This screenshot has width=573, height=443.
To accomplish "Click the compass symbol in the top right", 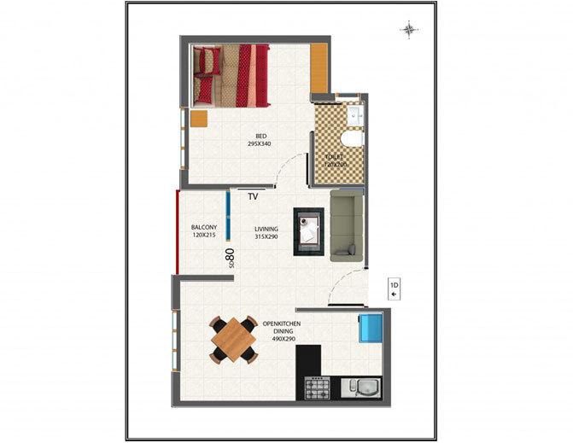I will point(409,31).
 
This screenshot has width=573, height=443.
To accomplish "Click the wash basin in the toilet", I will point(355,114).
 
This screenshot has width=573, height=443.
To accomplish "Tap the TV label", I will point(253,197).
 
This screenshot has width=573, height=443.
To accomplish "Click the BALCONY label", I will point(203,227).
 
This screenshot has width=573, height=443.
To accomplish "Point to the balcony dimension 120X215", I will point(203,236).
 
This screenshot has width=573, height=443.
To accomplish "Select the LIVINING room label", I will point(266,228).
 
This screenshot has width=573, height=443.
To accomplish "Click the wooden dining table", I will point(234,339).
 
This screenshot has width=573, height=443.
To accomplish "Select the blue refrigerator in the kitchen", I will point(371,327).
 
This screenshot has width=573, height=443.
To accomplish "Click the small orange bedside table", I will point(199,119).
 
